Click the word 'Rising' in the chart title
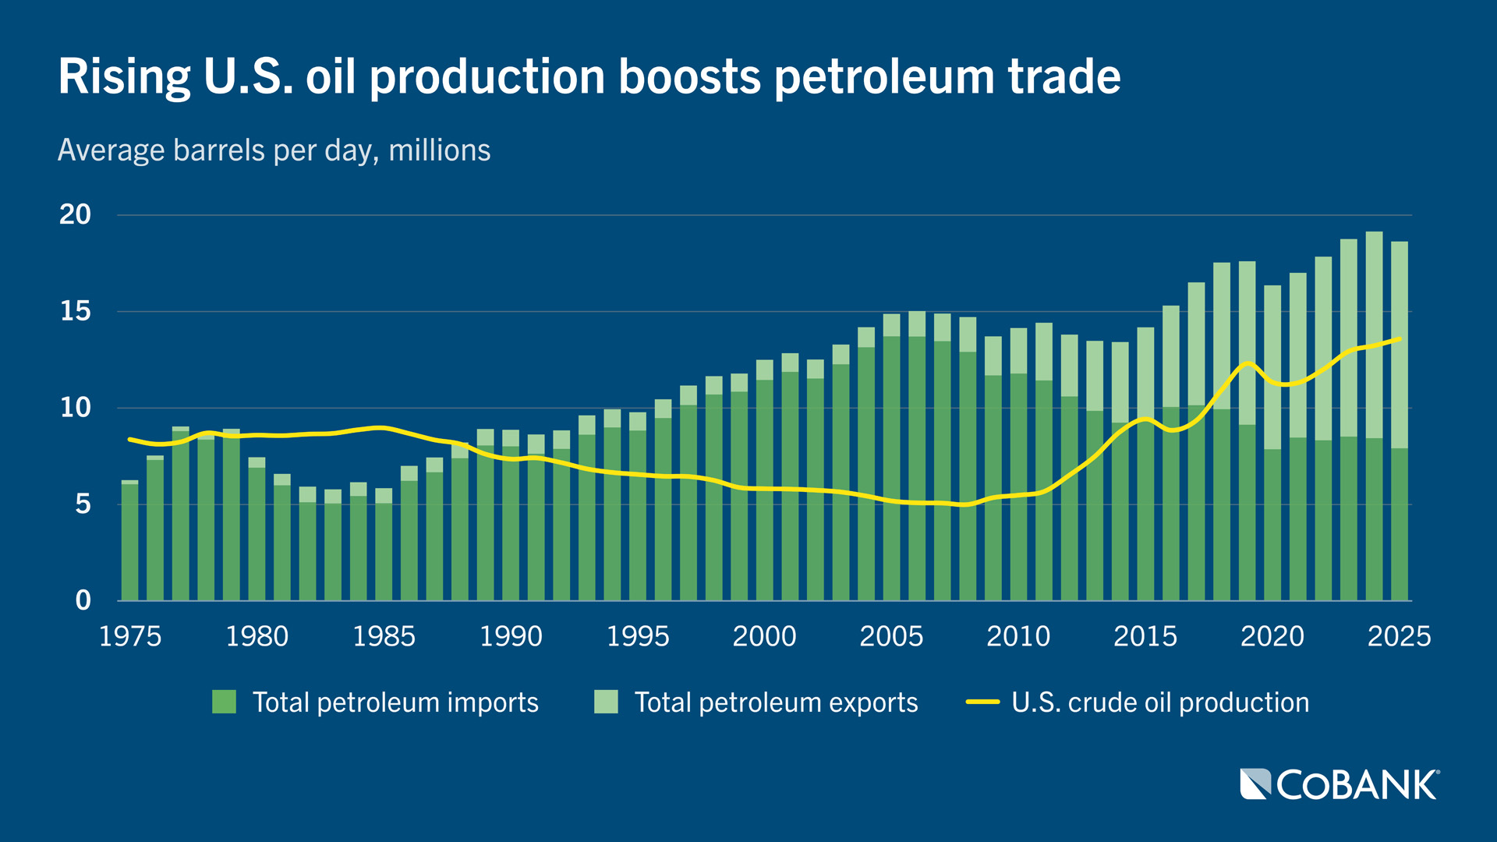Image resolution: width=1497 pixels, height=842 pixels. click(123, 77)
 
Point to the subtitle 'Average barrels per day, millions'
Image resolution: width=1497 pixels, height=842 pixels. click(274, 150)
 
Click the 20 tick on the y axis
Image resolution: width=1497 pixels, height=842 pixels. click(75, 214)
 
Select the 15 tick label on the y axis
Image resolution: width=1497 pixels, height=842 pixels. click(75, 312)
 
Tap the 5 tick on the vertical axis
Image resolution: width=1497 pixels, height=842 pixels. click(83, 504)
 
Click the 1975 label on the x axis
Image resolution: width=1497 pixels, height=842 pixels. click(130, 636)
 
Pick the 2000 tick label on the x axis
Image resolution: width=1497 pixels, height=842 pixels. click(764, 636)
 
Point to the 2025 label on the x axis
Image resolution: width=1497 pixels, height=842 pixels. click(1399, 636)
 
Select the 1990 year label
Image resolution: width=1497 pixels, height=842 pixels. click(511, 636)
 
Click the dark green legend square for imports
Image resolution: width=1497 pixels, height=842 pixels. click(224, 702)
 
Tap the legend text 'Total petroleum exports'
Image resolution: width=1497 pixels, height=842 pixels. click(776, 702)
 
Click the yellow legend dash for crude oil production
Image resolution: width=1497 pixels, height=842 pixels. click(982, 702)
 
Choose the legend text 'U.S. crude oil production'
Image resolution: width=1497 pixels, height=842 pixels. click(1160, 702)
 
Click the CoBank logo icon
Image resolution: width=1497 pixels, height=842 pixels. click(1255, 784)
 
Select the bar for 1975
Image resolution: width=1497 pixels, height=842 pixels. click(129, 542)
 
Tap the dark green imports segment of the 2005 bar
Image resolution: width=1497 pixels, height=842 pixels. click(891, 468)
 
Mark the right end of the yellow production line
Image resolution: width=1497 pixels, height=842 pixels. click(1400, 339)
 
